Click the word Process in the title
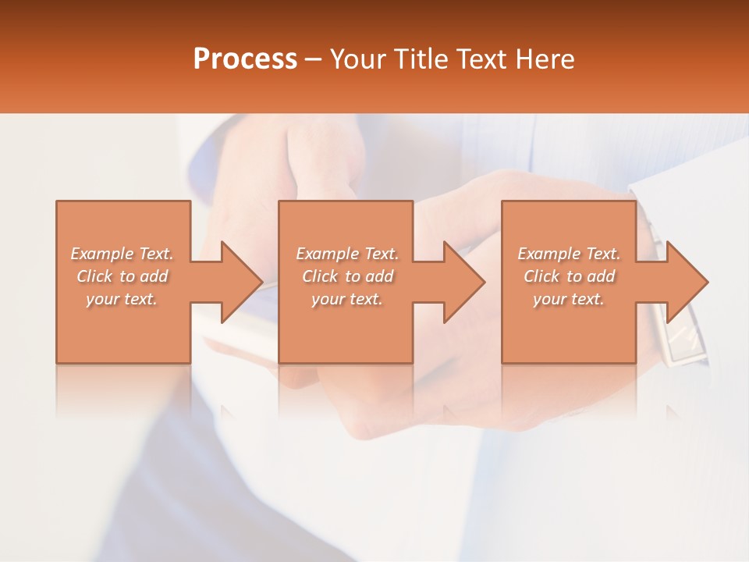pos(245,59)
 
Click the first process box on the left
pos(123,336)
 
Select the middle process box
pos(346,336)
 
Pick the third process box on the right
pos(568,336)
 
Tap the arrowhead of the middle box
pos(463,282)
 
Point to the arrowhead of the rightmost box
pos(687,282)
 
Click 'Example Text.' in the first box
pos(122,254)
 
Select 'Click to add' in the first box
pos(122,276)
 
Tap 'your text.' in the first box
pos(122,299)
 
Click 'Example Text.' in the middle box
pos(347,254)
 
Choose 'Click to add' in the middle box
pos(347,276)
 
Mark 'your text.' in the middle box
pos(347,299)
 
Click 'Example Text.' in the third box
pos(569,254)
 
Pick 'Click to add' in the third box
pos(569,276)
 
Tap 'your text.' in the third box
pos(569,299)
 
